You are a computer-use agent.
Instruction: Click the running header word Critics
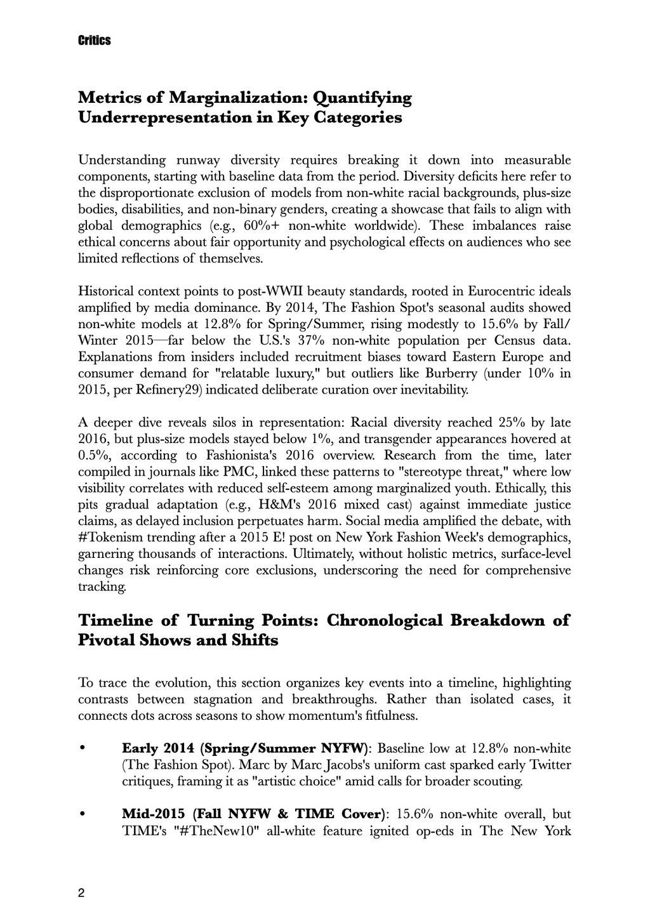coord(95,41)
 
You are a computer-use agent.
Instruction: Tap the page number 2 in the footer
coord(81,893)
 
